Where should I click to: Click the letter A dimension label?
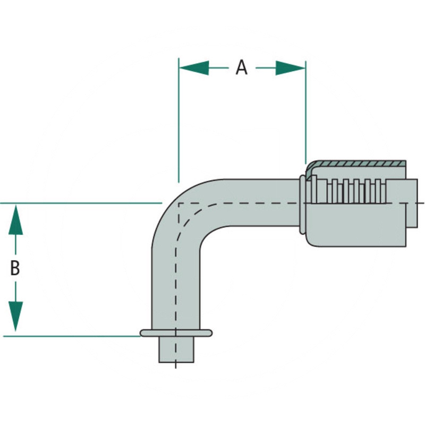point(242,67)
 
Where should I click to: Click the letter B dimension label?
point(15,268)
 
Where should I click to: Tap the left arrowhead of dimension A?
point(193,67)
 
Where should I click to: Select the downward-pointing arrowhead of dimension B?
point(16,316)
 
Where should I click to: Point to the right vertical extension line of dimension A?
point(305,117)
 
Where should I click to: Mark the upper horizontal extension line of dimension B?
point(80,203)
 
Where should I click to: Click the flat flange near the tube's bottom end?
point(176,333)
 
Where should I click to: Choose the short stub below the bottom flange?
point(176,350)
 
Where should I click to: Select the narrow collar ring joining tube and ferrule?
point(303,205)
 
